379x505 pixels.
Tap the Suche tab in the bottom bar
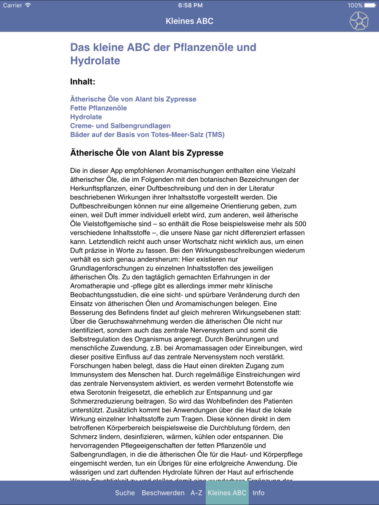(x=125, y=493)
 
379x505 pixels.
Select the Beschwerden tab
(x=163, y=493)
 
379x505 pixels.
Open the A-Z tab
(x=196, y=493)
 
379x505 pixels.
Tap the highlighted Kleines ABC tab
(x=227, y=493)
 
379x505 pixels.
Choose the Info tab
(x=258, y=493)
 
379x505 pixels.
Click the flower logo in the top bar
(x=359, y=21)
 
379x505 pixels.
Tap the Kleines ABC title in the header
(x=189, y=21)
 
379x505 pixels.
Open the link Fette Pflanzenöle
(x=99, y=108)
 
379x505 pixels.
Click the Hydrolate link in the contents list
(x=86, y=117)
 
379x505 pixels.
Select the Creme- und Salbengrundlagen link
(x=120, y=126)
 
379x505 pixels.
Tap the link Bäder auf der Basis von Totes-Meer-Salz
(x=147, y=134)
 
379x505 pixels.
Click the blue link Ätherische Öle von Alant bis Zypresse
(x=133, y=99)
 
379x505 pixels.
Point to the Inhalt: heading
(x=83, y=81)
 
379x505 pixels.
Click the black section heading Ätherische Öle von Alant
(x=147, y=153)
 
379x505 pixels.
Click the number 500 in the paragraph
(x=300, y=224)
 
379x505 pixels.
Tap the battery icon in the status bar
(x=370, y=5)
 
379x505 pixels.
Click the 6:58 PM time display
(x=190, y=5)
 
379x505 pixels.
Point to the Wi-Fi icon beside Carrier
(x=28, y=5)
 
